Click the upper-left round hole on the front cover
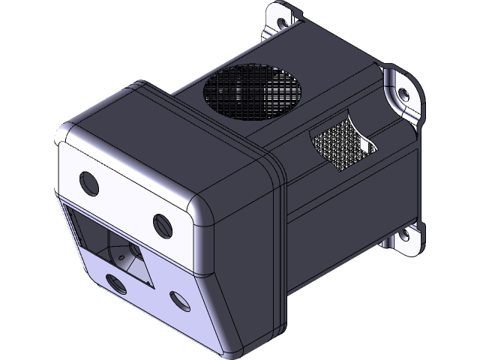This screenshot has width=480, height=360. pyautogui.click(x=88, y=181)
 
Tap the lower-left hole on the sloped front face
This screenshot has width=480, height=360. pyautogui.click(x=115, y=283)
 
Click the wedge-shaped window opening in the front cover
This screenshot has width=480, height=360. pyautogui.click(x=112, y=244)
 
